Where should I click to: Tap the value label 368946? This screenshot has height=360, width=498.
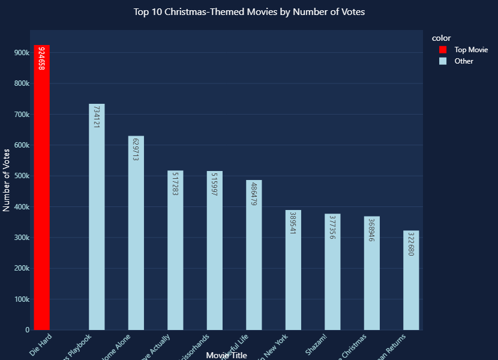pyautogui.click(x=372, y=231)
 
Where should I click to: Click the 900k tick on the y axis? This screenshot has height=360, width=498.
pyautogui.click(x=22, y=53)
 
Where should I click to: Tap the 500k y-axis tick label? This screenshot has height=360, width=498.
pyautogui.click(x=22, y=176)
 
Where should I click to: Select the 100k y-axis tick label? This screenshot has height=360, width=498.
pyautogui.click(x=22, y=299)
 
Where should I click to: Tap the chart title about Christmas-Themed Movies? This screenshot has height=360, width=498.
pyautogui.click(x=249, y=12)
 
